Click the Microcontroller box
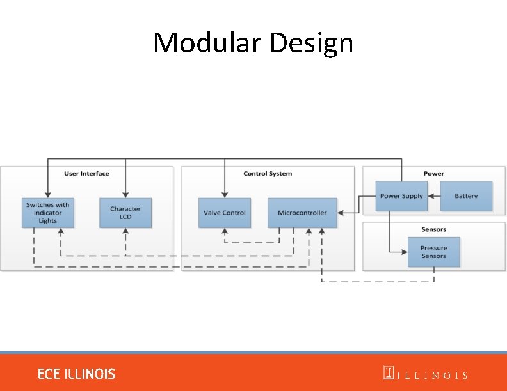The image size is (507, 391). (302, 213)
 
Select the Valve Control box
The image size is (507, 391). (224, 213)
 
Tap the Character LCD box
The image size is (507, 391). (125, 213)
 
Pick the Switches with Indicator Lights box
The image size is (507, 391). (48, 213)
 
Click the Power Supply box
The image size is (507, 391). (401, 196)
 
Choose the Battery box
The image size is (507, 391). (466, 196)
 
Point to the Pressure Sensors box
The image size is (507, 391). (433, 252)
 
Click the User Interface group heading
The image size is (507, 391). (86, 174)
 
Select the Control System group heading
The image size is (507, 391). (268, 174)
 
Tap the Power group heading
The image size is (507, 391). (433, 174)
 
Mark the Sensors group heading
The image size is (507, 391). (433, 229)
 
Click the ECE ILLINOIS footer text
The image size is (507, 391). (76, 374)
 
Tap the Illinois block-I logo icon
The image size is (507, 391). (388, 373)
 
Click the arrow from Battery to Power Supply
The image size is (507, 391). (434, 196)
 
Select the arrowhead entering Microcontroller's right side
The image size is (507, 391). (340, 213)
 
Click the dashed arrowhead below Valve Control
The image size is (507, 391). (224, 231)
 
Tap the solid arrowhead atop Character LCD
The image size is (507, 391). (125, 194)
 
